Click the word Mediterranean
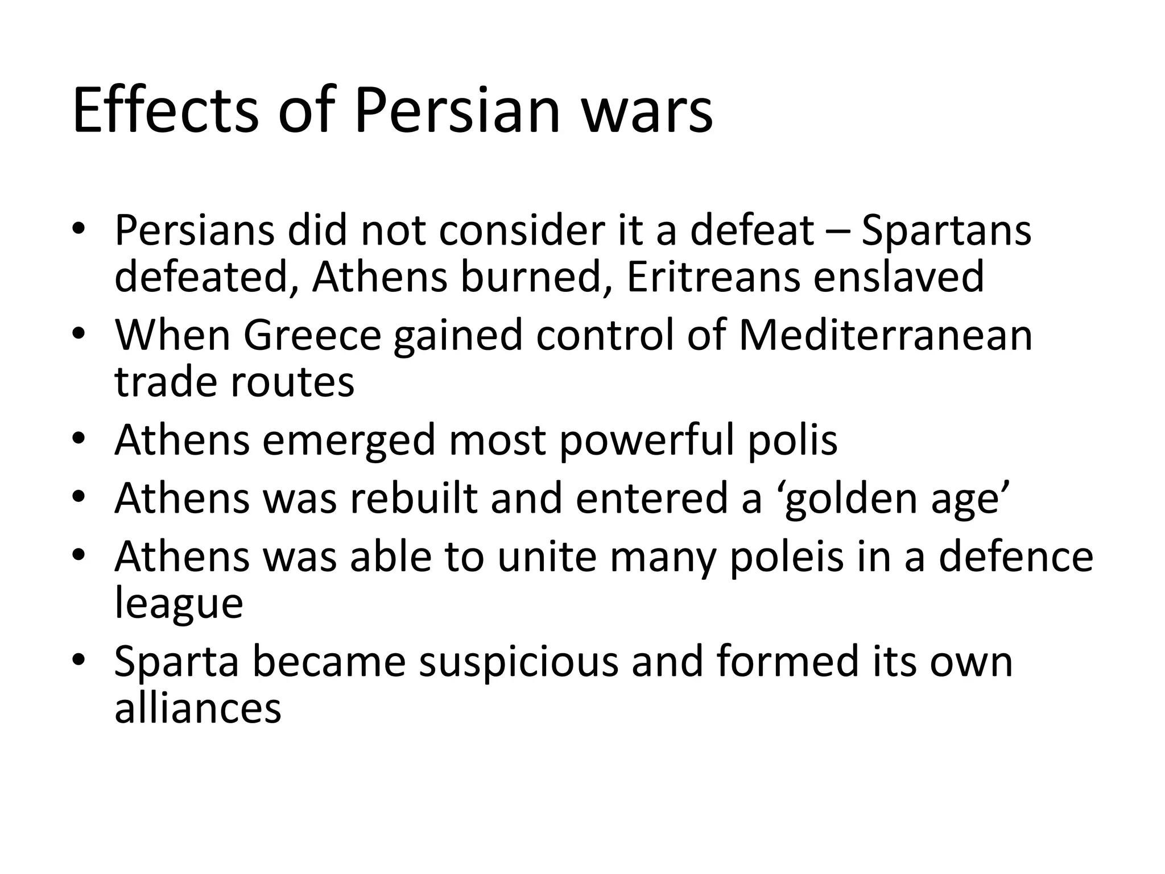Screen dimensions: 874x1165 pyautogui.click(x=885, y=335)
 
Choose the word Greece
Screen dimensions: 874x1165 pyautogui.click(x=312, y=335)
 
